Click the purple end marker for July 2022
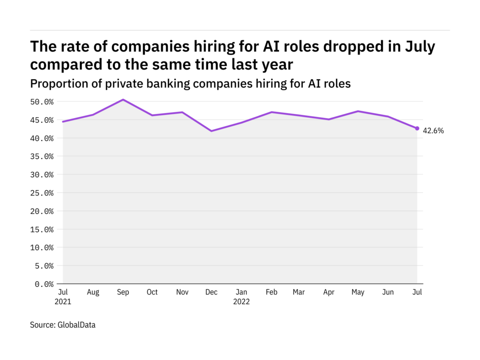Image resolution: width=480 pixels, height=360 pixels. [x=417, y=128]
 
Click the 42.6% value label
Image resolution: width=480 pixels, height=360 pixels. [x=433, y=131]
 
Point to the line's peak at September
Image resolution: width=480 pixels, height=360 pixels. [x=122, y=99]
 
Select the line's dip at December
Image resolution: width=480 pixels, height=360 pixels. [x=211, y=131]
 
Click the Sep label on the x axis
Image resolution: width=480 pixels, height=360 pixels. [x=122, y=292]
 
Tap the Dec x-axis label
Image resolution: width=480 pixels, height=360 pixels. [x=211, y=292]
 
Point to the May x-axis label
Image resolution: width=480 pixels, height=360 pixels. [x=358, y=292]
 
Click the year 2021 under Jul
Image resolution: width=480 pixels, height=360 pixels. [x=63, y=302]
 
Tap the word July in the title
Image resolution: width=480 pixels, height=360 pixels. [x=419, y=47]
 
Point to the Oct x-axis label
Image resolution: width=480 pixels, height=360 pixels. [x=152, y=292]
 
